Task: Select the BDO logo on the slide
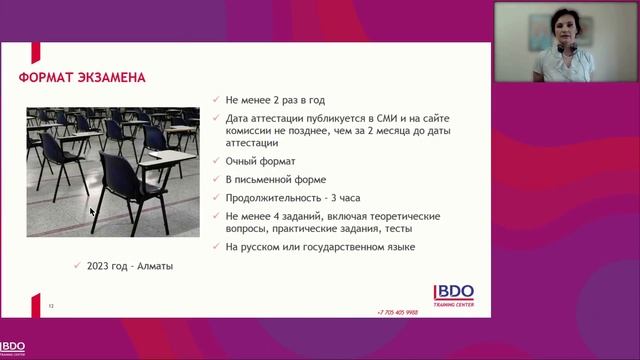(453, 292)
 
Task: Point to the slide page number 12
(51, 305)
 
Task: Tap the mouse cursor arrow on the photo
(92, 211)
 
